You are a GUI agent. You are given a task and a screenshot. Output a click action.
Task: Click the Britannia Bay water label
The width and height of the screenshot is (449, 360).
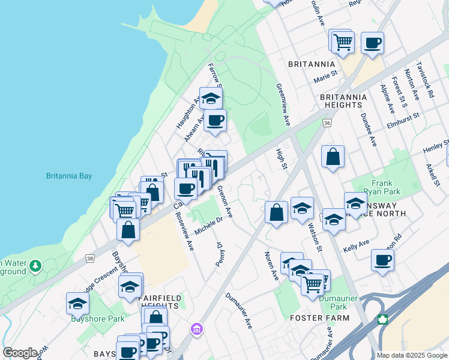tap(69, 176)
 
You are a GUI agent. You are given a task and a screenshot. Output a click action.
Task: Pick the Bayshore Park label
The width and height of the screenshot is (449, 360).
tap(98, 319)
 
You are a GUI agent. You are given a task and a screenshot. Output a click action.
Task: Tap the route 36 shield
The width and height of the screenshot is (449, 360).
tap(327, 122)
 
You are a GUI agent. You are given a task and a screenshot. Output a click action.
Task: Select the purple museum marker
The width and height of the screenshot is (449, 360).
tap(196, 329)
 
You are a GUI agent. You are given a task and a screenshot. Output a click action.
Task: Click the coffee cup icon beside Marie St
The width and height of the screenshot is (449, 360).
tap(372, 43)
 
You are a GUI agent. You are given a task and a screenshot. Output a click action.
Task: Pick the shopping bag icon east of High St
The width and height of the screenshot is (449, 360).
tap(333, 157)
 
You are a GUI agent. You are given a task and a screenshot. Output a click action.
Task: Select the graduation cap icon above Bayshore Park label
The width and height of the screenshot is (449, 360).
tap(77, 304)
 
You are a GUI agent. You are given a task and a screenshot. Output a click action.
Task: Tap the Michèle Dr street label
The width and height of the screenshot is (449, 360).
tap(208, 227)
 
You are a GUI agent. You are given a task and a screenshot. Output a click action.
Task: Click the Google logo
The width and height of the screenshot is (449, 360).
tap(20, 352)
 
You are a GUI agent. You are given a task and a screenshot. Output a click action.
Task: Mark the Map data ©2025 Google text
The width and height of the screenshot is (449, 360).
tap(412, 355)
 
